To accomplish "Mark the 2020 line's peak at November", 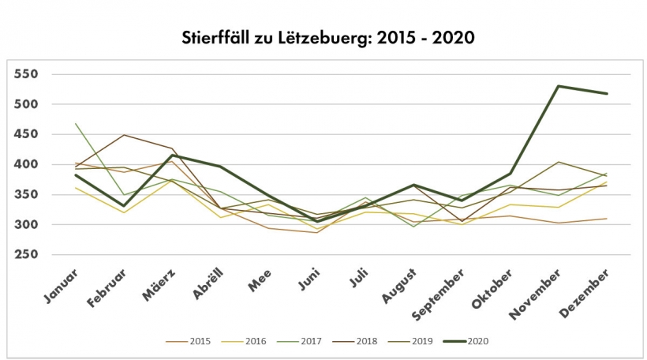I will coord(558,86).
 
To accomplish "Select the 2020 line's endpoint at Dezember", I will coord(606,94).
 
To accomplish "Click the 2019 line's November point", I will coord(558,162).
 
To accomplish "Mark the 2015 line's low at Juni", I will coord(317,232).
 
